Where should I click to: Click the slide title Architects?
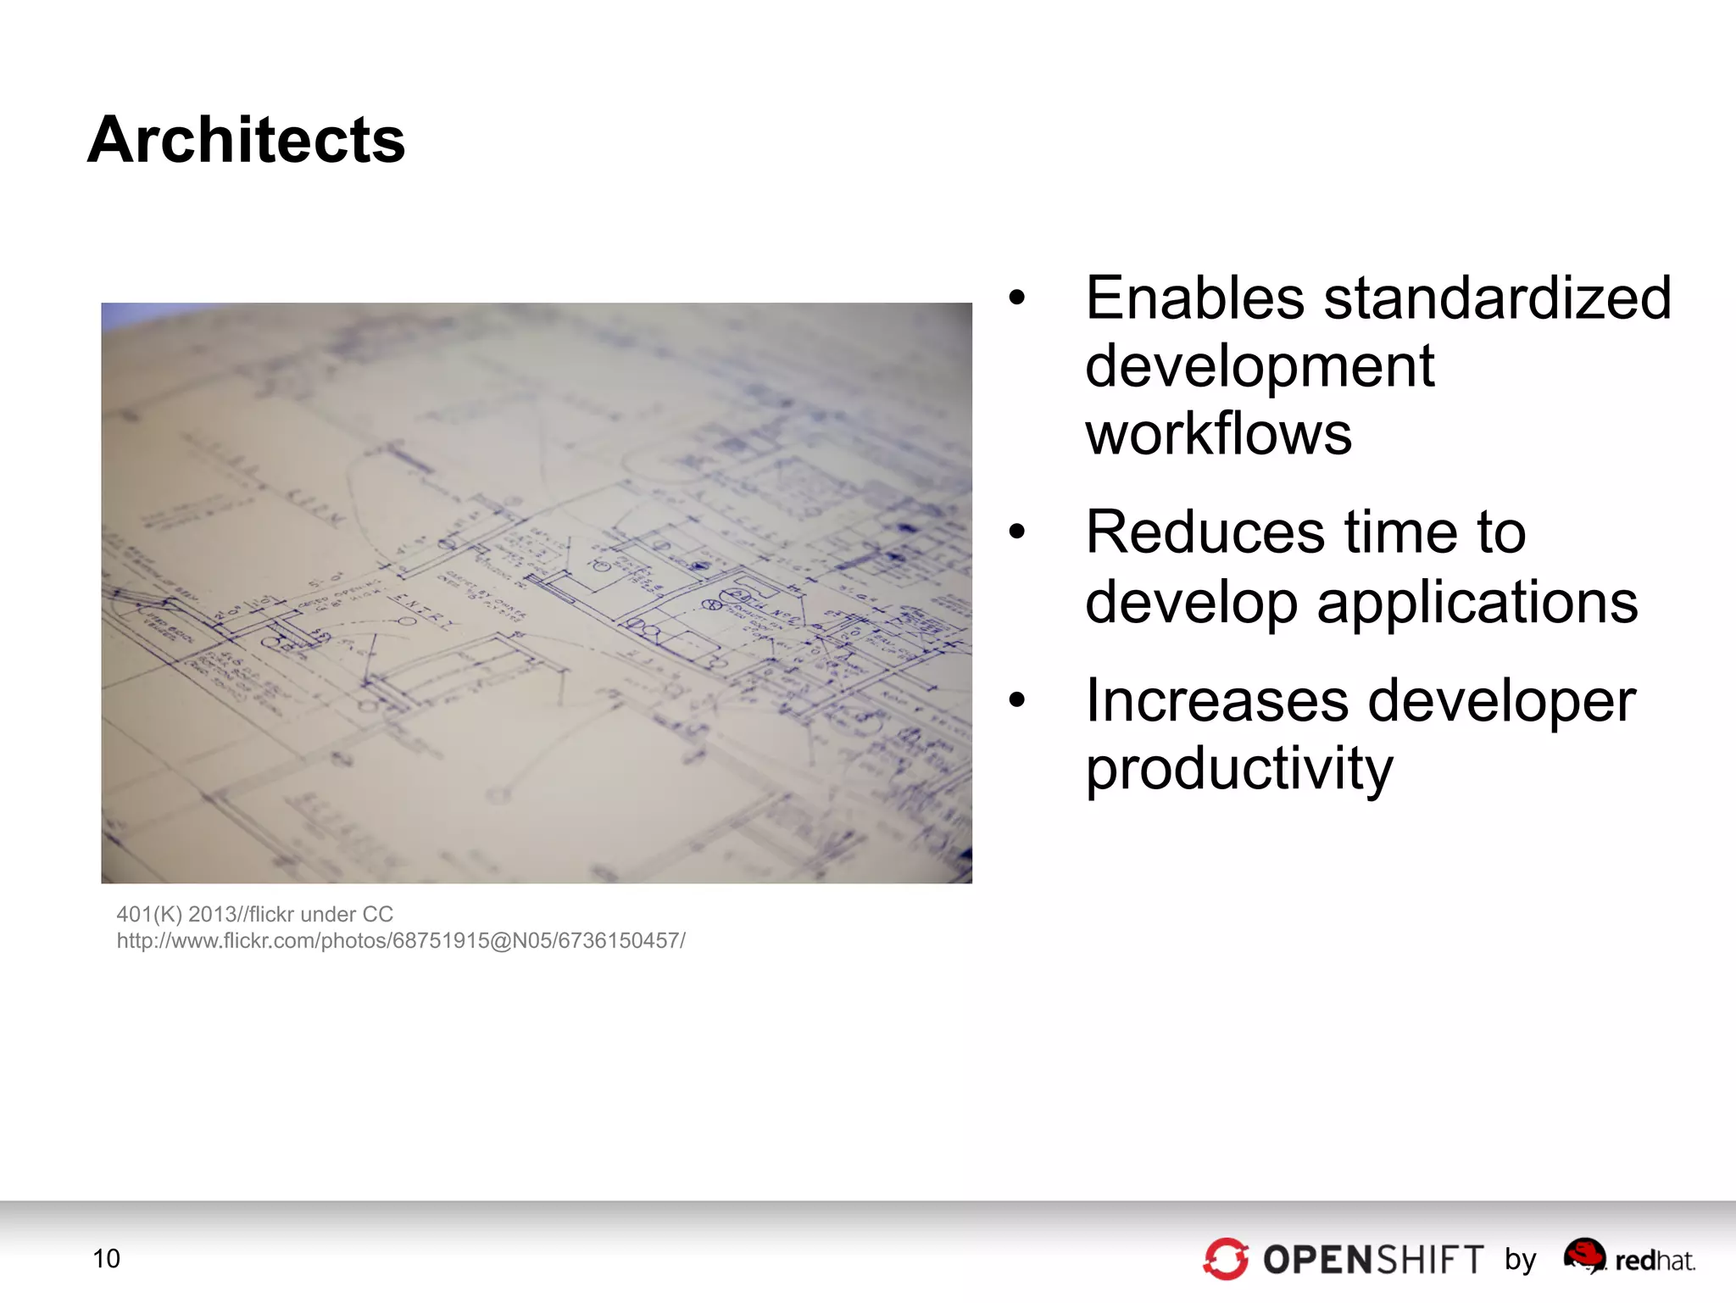[x=246, y=140]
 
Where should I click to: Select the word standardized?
[x=1497, y=298]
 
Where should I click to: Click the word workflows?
[x=1218, y=434]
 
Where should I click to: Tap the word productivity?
[x=1238, y=769]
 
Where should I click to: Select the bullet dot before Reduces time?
[x=1017, y=532]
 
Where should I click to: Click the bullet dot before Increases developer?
[x=1017, y=700]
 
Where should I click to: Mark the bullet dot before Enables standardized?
[x=1017, y=298]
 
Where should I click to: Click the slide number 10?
[x=107, y=1259]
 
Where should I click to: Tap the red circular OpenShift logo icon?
[x=1226, y=1259]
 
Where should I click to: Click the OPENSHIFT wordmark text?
[x=1373, y=1260]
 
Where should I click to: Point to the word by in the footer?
[x=1521, y=1260]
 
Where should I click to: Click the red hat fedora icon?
[x=1584, y=1255]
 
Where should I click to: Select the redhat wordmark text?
[x=1655, y=1261]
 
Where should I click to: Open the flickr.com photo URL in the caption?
[x=401, y=941]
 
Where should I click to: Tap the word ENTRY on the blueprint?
[x=423, y=612]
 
